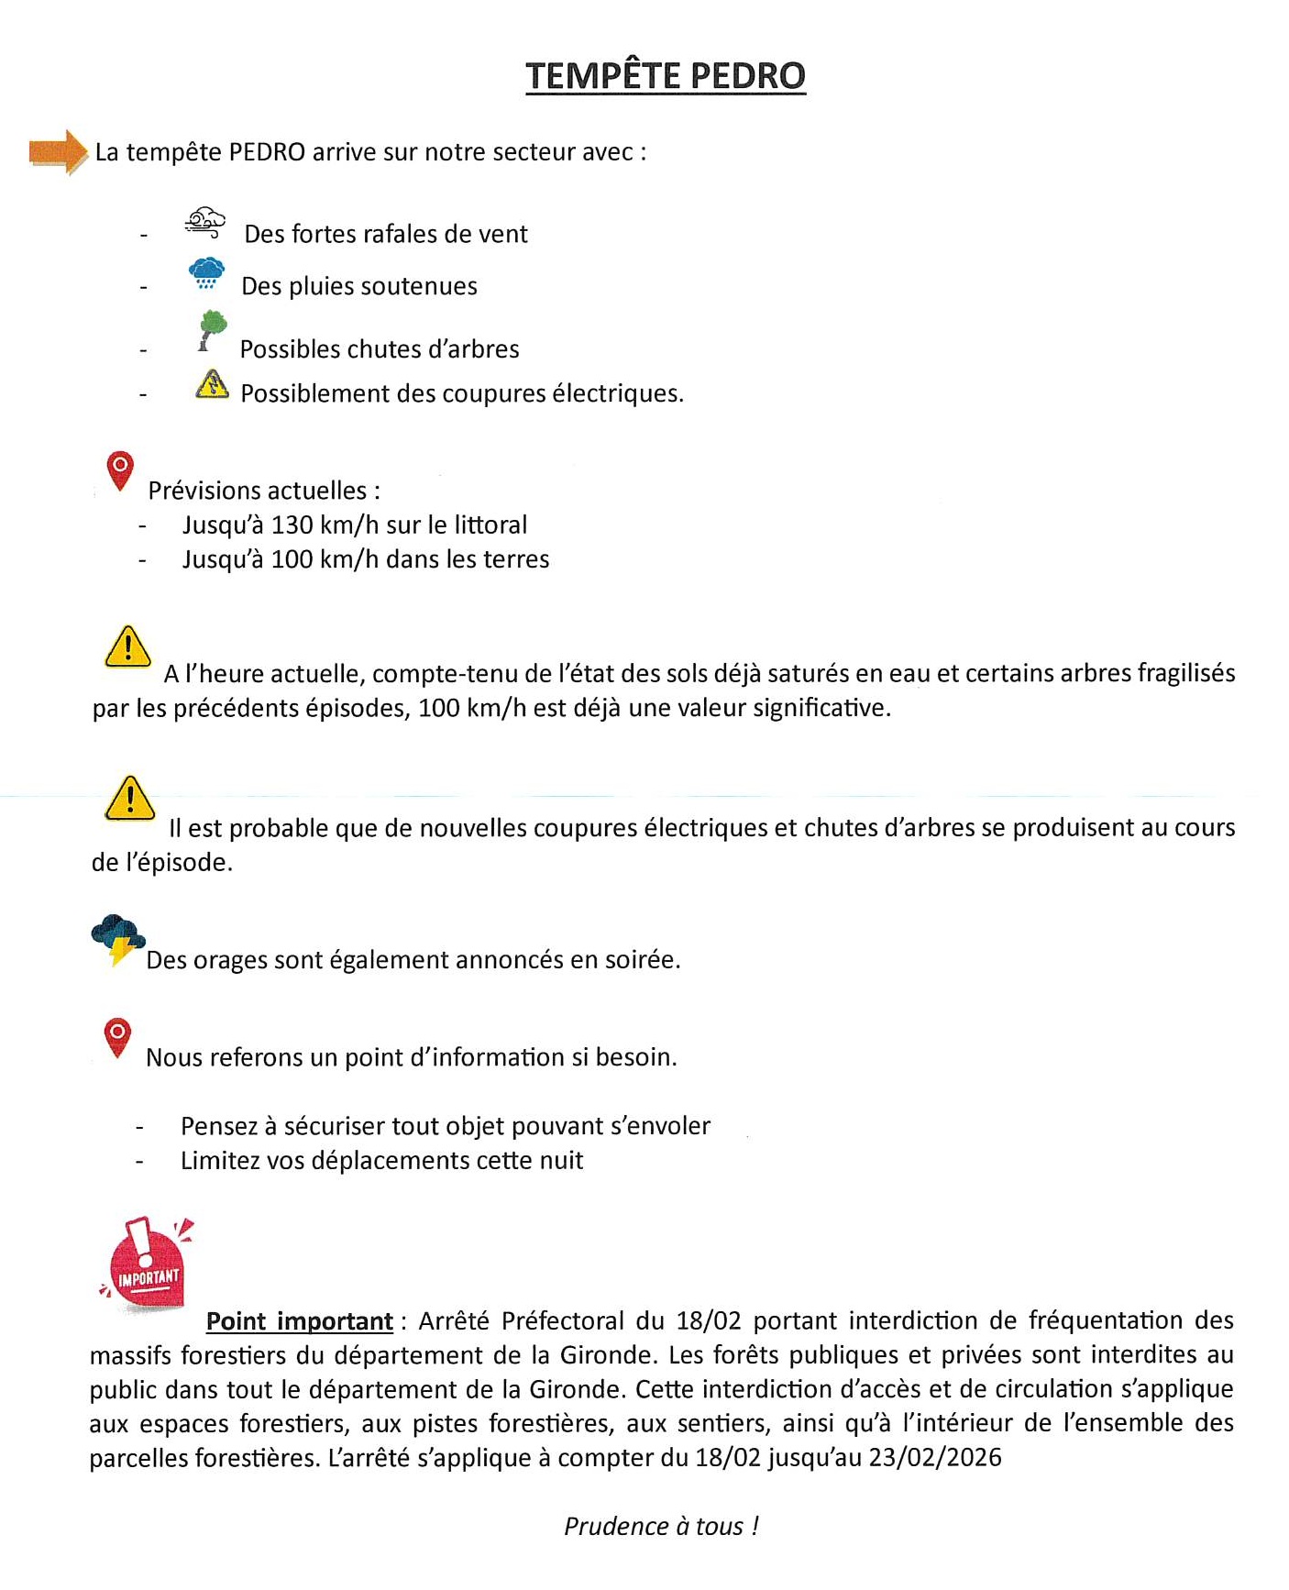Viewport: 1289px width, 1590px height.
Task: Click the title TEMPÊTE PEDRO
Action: pos(665,75)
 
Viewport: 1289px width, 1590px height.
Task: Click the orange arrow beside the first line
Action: pos(58,152)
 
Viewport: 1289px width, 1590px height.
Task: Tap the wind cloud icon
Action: pos(205,223)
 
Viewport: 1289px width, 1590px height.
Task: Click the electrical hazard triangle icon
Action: pos(212,384)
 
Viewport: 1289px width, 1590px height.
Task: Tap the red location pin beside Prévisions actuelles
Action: pos(120,470)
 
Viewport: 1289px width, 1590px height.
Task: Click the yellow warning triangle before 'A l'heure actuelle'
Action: pos(128,647)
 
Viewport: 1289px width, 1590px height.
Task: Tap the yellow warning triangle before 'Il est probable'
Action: pos(130,798)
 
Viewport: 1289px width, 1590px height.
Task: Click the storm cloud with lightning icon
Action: pos(118,939)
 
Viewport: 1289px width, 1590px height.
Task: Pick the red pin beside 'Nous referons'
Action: pos(117,1037)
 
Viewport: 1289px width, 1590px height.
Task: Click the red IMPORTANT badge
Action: pos(147,1266)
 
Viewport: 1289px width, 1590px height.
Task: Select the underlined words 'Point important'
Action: pos(299,1321)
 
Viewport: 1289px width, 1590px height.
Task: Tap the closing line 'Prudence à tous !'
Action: pos(661,1526)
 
